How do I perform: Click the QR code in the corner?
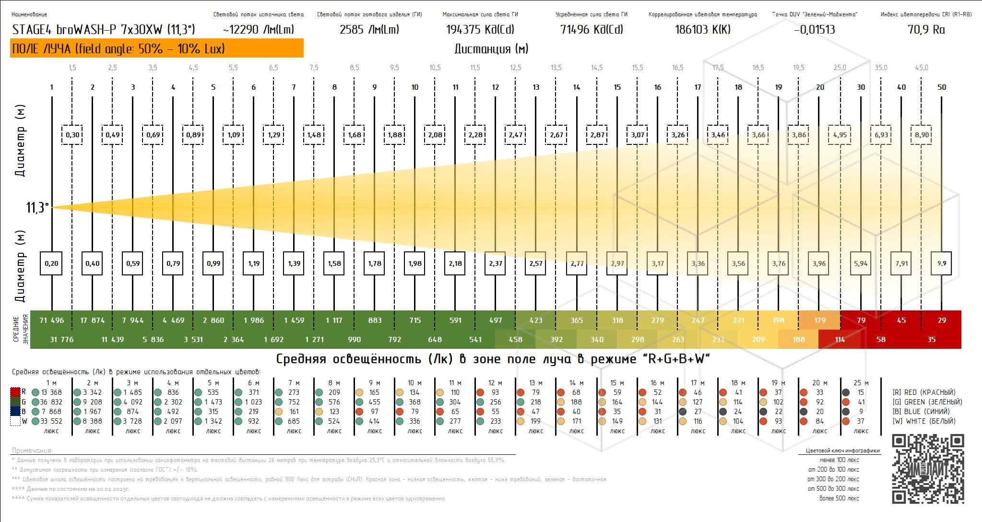(x=928, y=469)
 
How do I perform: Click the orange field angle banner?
(x=156, y=48)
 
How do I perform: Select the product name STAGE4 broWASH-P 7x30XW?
(x=104, y=30)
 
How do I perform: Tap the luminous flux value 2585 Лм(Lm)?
(x=369, y=30)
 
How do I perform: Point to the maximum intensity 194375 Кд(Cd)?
(x=480, y=30)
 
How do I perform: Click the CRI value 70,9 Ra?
(x=926, y=30)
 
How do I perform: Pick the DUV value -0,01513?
(x=814, y=30)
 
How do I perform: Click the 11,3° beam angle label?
(x=37, y=208)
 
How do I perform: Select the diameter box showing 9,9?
(x=942, y=263)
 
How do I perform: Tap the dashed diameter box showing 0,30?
(x=72, y=135)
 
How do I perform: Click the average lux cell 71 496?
(x=51, y=320)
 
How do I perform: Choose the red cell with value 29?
(x=942, y=320)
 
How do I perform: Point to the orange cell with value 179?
(x=820, y=320)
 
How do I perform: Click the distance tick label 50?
(x=942, y=87)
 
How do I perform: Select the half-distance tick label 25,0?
(x=840, y=68)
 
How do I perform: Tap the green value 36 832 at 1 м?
(x=51, y=402)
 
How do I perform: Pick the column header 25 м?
(x=861, y=383)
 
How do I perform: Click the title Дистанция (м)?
(x=491, y=49)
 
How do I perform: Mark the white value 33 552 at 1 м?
(x=51, y=421)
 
